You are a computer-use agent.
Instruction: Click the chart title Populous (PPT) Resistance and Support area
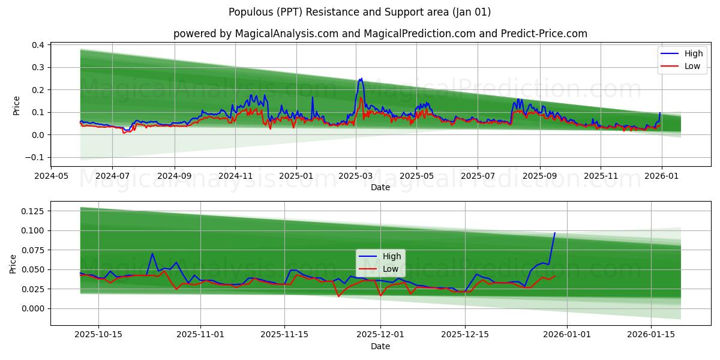click(359, 12)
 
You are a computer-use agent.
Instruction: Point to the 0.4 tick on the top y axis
click(37, 45)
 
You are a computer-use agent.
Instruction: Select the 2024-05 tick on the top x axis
click(51, 176)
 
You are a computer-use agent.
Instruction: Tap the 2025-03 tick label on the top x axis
click(356, 176)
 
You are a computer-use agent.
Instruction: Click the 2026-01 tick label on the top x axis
click(661, 176)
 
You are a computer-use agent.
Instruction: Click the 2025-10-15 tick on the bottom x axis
click(98, 335)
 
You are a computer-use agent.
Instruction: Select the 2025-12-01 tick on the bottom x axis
click(380, 335)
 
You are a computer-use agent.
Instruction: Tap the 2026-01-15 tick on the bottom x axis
click(650, 335)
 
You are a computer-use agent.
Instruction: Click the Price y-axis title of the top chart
click(16, 106)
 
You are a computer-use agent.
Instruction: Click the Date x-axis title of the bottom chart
click(380, 346)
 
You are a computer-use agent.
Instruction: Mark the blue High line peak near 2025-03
click(361, 78)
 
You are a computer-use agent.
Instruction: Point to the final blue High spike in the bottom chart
click(554, 233)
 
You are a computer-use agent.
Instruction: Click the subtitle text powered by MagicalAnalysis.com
click(380, 34)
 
